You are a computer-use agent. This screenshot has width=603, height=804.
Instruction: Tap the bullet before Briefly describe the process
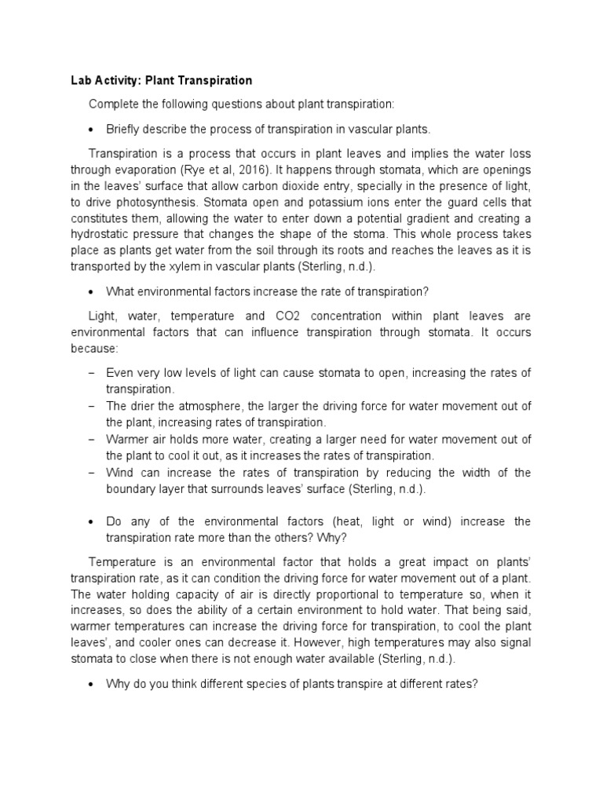coord(93,129)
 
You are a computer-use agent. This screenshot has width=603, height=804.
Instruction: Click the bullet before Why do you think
coord(93,684)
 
